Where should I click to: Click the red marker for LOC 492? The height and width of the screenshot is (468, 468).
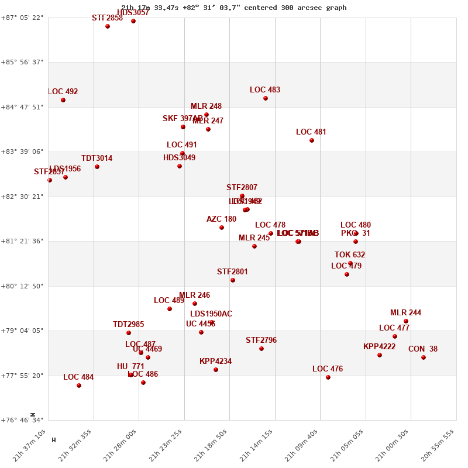point(63,100)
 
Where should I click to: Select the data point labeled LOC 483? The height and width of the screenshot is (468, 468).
point(266,98)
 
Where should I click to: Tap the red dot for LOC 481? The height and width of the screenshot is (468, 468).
point(312,140)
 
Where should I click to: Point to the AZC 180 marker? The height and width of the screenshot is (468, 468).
point(222,228)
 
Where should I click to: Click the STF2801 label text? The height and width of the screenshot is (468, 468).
point(232,272)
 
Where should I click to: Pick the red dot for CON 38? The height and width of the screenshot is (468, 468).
point(424,357)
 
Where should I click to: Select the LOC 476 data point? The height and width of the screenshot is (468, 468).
point(328,377)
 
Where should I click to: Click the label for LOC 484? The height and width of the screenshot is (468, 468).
point(78,377)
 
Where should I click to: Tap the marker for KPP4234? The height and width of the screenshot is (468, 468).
point(216,370)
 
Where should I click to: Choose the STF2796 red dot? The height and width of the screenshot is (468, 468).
point(261,349)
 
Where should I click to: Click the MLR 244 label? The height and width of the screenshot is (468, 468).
point(405,313)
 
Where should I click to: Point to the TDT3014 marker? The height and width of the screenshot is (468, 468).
point(97,167)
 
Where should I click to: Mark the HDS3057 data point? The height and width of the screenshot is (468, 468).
point(133,21)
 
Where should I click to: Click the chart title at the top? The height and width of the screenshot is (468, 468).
point(234,8)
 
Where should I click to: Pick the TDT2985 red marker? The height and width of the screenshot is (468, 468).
point(129,333)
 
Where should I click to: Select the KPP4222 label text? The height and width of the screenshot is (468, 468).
point(379,347)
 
